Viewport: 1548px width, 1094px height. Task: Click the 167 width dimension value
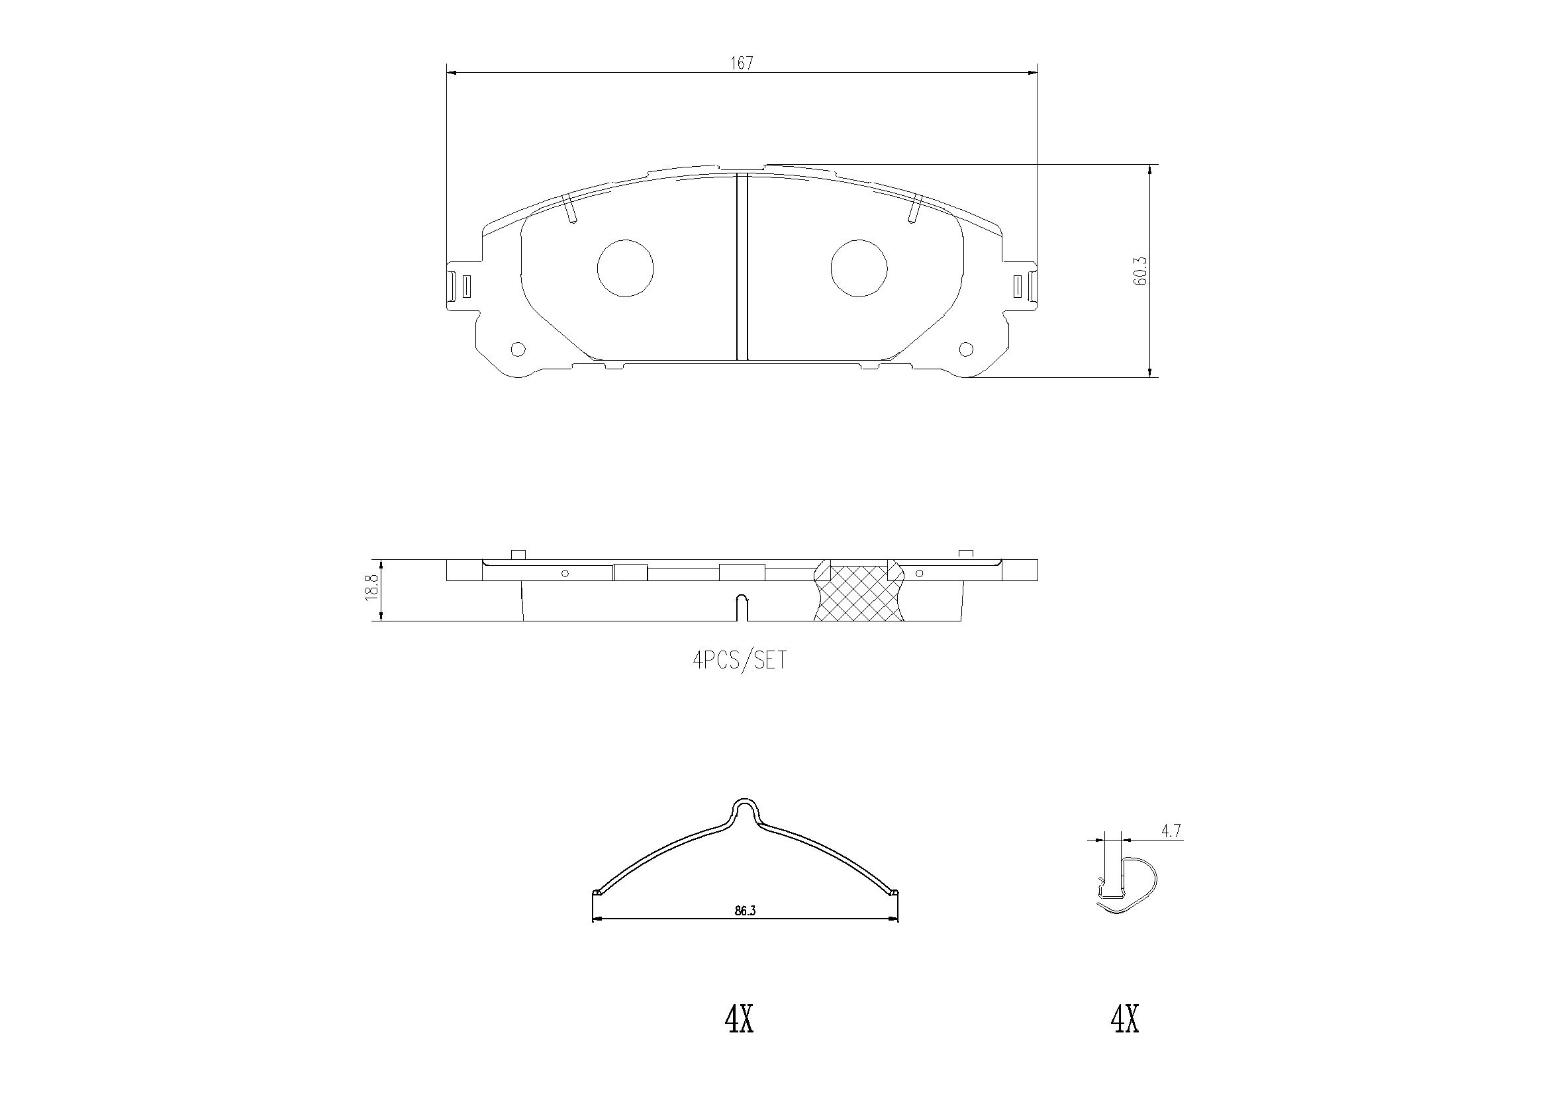point(742,64)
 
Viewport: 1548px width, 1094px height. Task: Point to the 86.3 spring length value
point(745,910)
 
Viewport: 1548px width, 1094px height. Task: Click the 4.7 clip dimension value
point(1171,831)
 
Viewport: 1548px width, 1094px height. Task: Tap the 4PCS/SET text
point(740,659)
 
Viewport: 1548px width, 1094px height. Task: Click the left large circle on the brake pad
point(626,267)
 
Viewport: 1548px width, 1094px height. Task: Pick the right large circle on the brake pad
point(859,267)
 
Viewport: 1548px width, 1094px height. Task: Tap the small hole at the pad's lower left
point(518,349)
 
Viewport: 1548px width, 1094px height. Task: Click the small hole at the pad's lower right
point(966,349)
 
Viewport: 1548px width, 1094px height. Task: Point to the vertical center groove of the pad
point(742,267)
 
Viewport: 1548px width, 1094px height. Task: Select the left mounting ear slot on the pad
point(466,285)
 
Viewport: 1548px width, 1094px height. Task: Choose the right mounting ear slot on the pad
point(1019,285)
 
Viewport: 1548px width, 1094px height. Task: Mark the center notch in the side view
point(742,607)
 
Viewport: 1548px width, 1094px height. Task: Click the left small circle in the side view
point(565,573)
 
